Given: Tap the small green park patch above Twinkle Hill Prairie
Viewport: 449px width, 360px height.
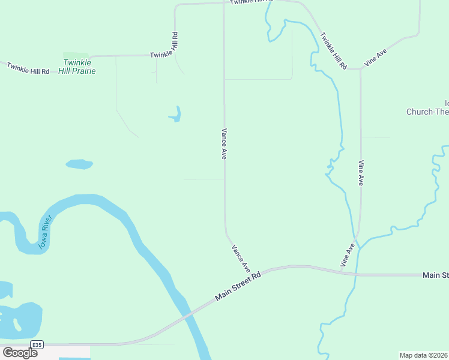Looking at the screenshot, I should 76,55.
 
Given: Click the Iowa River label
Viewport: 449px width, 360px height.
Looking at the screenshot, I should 46,232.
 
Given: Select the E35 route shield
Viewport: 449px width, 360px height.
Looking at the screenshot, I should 37,344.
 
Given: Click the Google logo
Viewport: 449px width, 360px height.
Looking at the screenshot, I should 20,353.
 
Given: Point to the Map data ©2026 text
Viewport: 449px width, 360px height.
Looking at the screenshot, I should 424,355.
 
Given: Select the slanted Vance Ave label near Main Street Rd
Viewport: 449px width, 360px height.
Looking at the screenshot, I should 240,258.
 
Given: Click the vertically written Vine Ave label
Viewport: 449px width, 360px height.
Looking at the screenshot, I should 361,172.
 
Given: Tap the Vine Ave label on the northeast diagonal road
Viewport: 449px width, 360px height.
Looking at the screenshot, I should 375,58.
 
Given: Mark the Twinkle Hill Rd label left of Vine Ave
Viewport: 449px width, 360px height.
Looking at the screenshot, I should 333,52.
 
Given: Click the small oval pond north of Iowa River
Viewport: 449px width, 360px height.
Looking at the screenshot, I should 79,164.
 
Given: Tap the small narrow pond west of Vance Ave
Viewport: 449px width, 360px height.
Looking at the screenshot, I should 175,114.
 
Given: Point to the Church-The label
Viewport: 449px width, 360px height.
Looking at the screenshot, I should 427,112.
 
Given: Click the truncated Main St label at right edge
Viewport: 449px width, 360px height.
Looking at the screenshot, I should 435,275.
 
